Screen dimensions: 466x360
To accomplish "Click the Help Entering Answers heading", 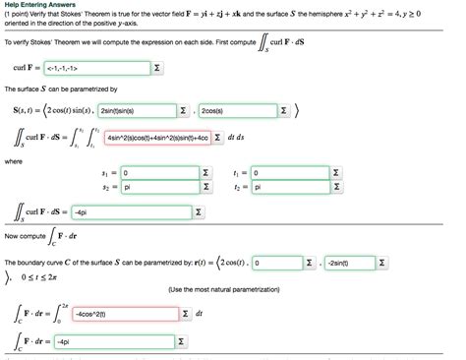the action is coord(40,6).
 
